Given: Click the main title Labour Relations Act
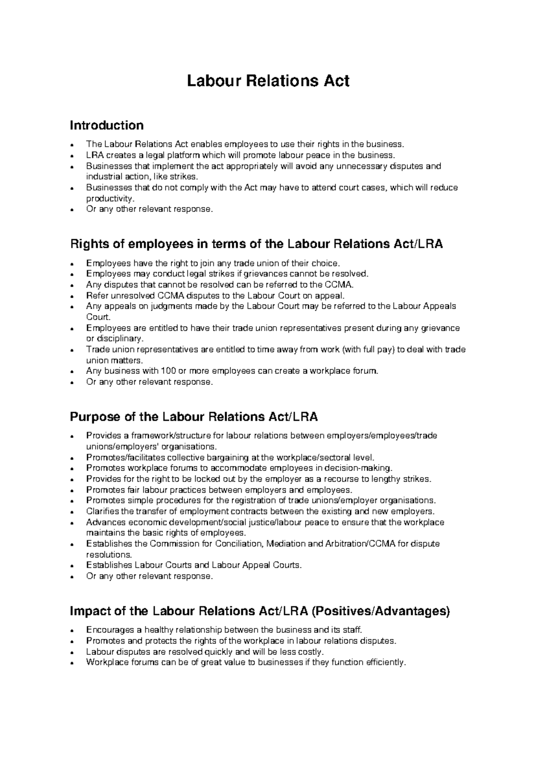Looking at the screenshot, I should click(268, 81).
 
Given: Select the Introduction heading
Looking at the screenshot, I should click(106, 125).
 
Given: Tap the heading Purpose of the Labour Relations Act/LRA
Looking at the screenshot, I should click(194, 417).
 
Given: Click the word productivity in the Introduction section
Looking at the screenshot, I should click(109, 198).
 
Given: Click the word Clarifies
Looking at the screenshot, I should click(102, 512).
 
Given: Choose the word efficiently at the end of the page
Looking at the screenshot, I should click(385, 662).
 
